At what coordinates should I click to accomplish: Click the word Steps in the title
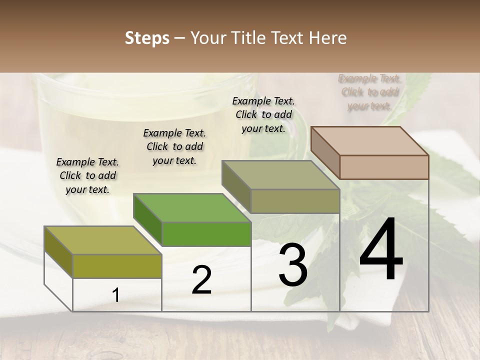[147, 38]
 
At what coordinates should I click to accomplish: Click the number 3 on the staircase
[293, 264]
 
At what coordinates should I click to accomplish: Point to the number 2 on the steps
[201, 280]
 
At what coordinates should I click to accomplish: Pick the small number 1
[115, 295]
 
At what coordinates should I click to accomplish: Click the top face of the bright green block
[192, 207]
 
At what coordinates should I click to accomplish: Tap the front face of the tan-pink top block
[384, 167]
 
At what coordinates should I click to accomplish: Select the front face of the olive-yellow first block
[117, 266]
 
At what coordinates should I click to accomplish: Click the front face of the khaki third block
[295, 201]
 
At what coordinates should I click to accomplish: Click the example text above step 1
[87, 175]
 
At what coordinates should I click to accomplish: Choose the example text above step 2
[174, 146]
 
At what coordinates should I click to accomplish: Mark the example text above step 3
[263, 114]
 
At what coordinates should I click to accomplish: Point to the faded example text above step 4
[370, 92]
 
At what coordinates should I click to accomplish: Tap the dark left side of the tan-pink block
[325, 152]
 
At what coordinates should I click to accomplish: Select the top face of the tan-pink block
[370, 140]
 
